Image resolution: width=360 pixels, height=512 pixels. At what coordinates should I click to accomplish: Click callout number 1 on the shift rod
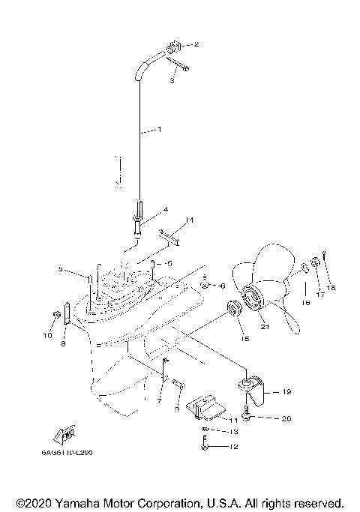(x=159, y=130)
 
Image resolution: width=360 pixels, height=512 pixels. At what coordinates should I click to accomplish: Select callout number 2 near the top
(x=196, y=45)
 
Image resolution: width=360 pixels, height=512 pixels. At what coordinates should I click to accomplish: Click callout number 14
(x=190, y=220)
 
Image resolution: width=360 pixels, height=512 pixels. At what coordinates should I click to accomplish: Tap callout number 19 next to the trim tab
(x=286, y=391)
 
